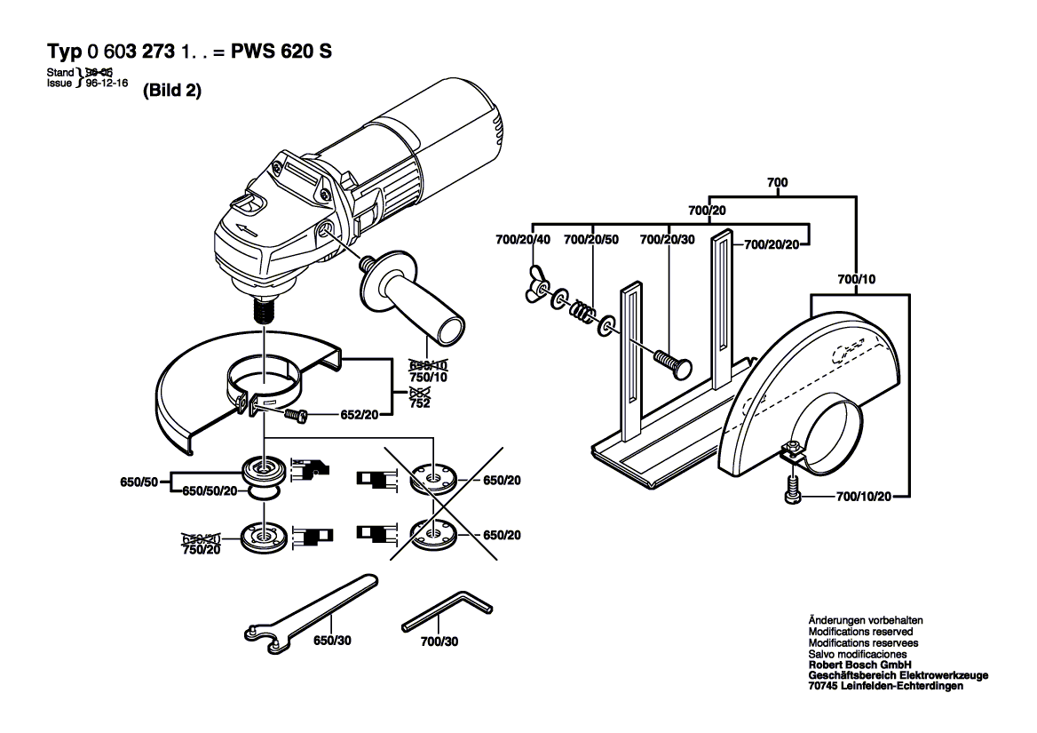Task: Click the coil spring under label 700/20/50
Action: (x=582, y=311)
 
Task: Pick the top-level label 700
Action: (x=777, y=182)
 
